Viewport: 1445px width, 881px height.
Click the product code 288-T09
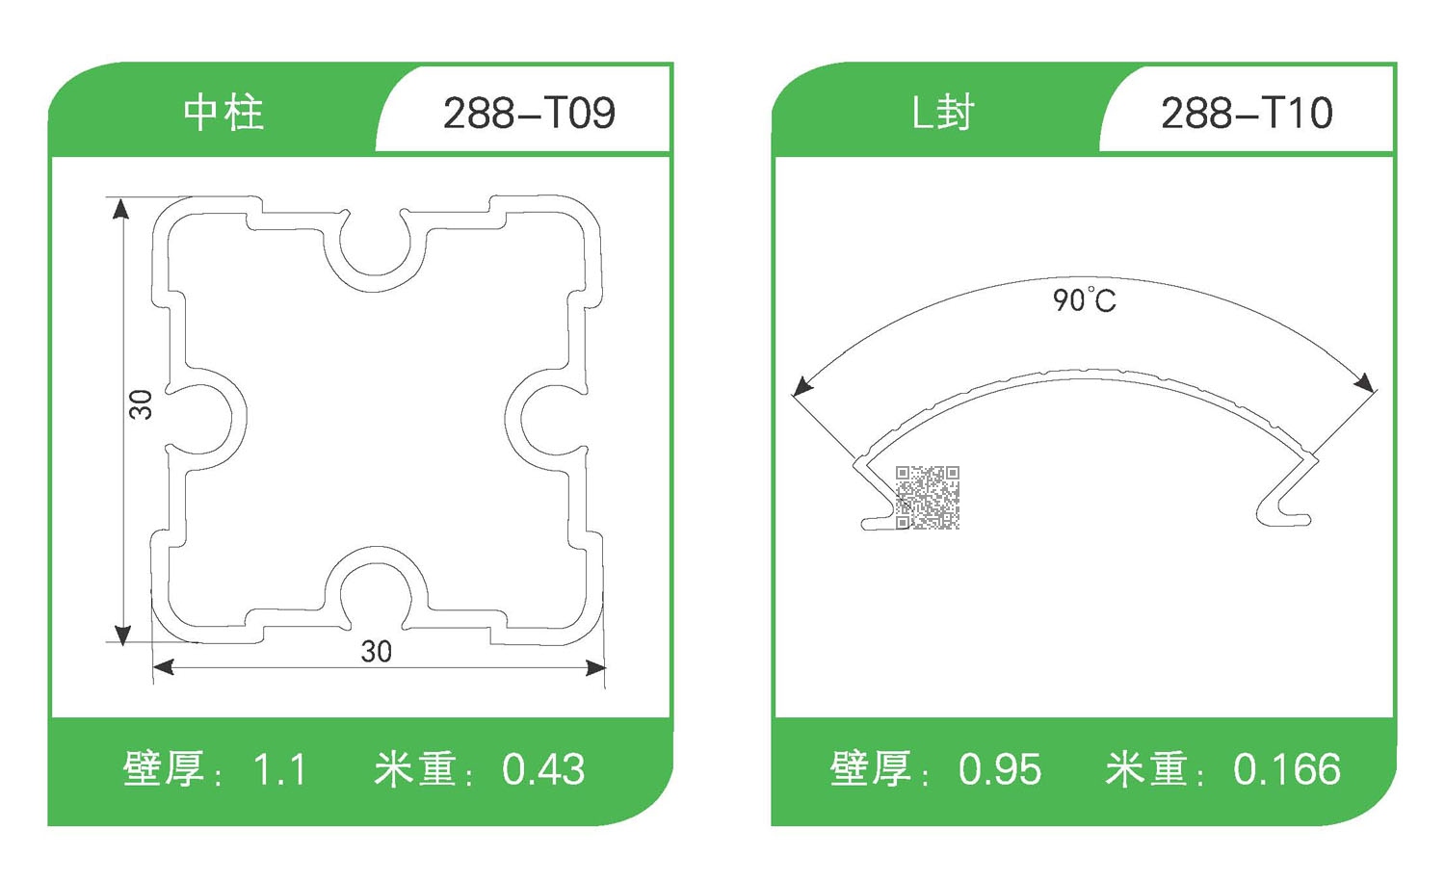(x=529, y=114)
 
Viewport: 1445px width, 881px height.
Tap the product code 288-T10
(x=1247, y=114)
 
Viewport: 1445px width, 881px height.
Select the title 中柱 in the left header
(x=223, y=113)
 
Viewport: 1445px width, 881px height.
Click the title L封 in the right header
(x=943, y=113)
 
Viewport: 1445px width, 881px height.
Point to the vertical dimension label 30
(x=141, y=404)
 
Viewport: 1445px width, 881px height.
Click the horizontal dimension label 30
(x=377, y=652)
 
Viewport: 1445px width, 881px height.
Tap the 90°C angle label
(x=1085, y=299)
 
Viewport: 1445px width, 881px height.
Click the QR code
(x=928, y=498)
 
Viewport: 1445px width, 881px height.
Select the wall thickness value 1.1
(x=279, y=770)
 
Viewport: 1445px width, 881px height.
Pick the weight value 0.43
(x=543, y=770)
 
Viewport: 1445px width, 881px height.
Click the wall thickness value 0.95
(x=1000, y=770)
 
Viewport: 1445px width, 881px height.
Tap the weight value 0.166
(x=1287, y=770)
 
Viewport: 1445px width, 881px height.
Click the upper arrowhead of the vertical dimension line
(x=120, y=208)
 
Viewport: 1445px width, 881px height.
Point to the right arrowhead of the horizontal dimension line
(x=596, y=667)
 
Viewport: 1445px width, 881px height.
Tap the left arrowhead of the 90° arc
(x=801, y=387)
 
